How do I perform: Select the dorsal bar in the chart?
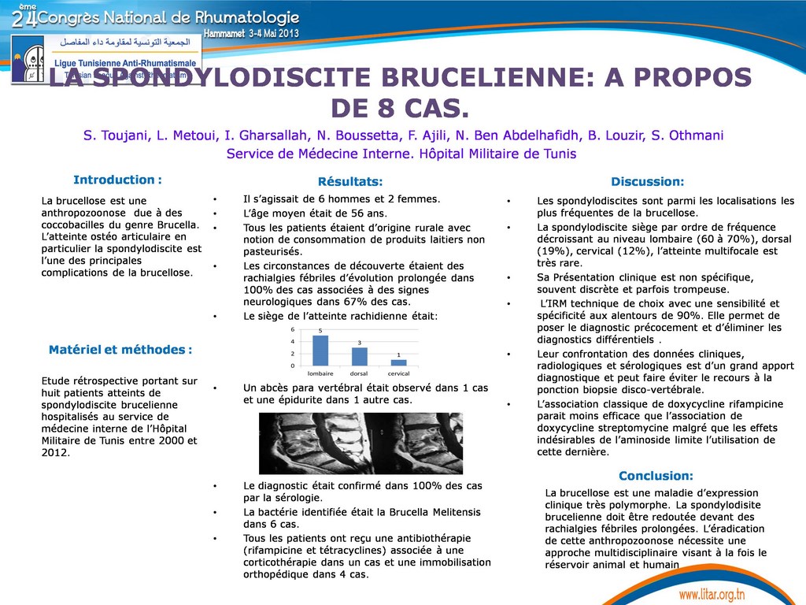tap(359, 356)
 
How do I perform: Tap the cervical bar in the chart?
tap(398, 362)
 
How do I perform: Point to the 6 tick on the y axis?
tap(292, 329)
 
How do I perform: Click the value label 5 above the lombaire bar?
tap(320, 331)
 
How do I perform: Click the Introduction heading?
tap(117, 180)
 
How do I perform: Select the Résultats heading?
tap(350, 182)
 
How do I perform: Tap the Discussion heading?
tap(647, 182)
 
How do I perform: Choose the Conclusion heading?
tap(656, 476)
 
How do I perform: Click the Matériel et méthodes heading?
tap(120, 349)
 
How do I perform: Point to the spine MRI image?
tap(351, 444)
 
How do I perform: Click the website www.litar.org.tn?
tap(723, 592)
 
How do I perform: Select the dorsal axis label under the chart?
tap(359, 373)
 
